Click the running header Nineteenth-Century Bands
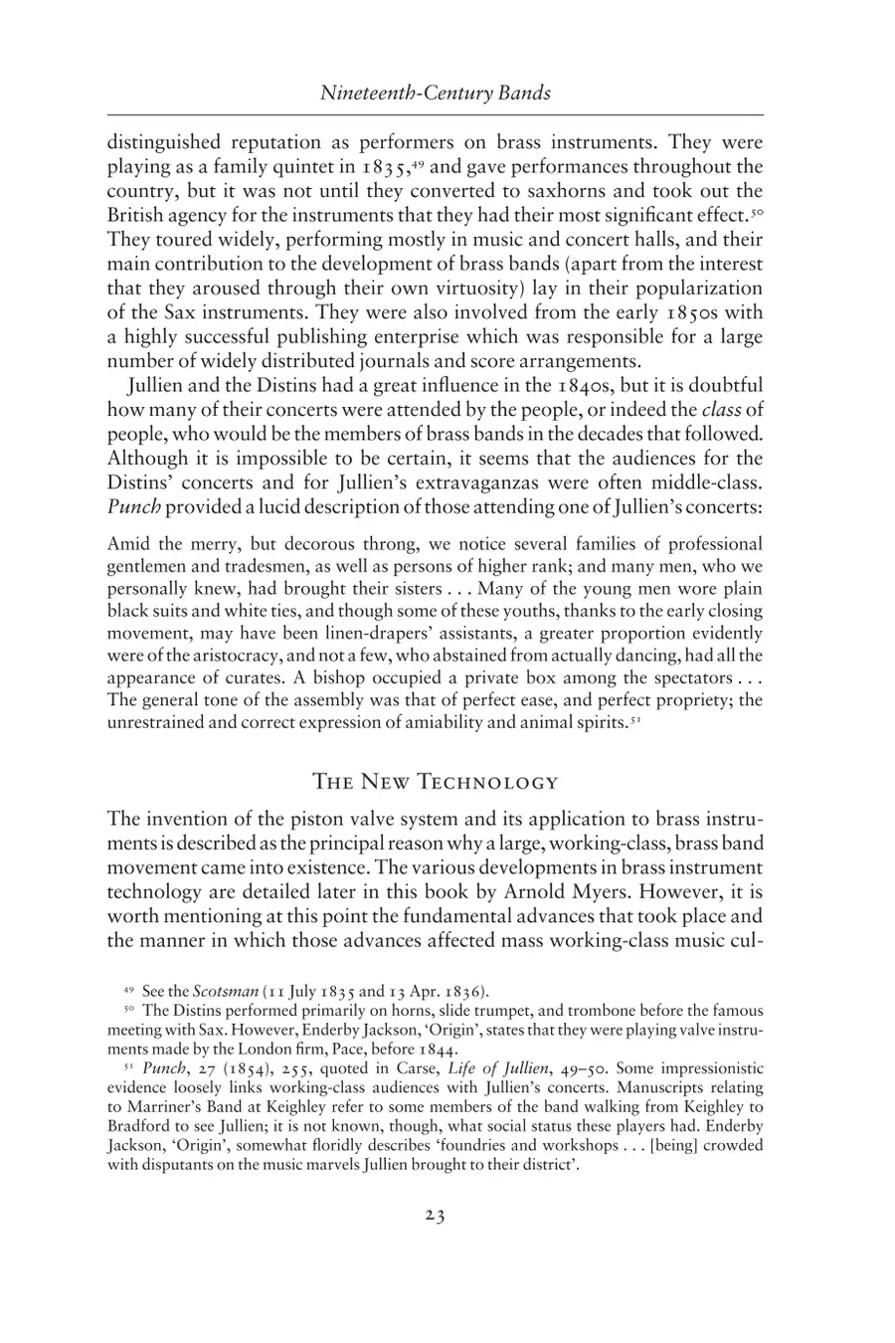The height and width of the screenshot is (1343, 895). (x=436, y=94)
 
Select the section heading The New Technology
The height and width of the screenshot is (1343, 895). (x=436, y=781)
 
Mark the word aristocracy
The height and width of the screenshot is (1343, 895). (x=225, y=656)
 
